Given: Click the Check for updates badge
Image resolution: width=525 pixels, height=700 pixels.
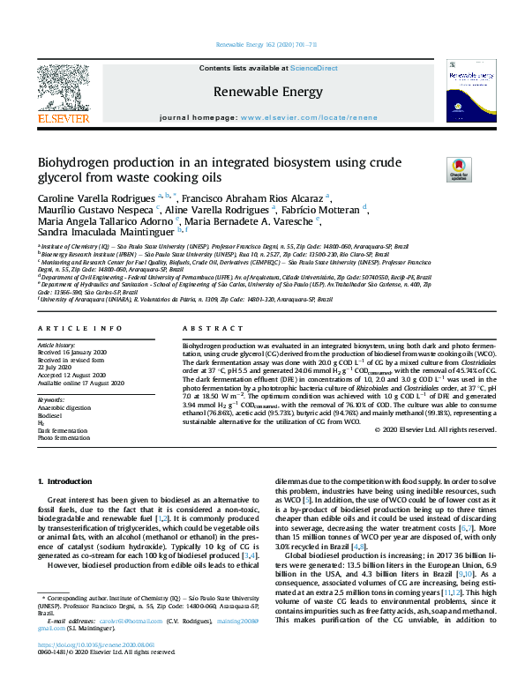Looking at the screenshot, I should (x=459, y=168).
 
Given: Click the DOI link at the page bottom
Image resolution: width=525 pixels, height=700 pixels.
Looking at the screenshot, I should (x=93, y=670).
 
